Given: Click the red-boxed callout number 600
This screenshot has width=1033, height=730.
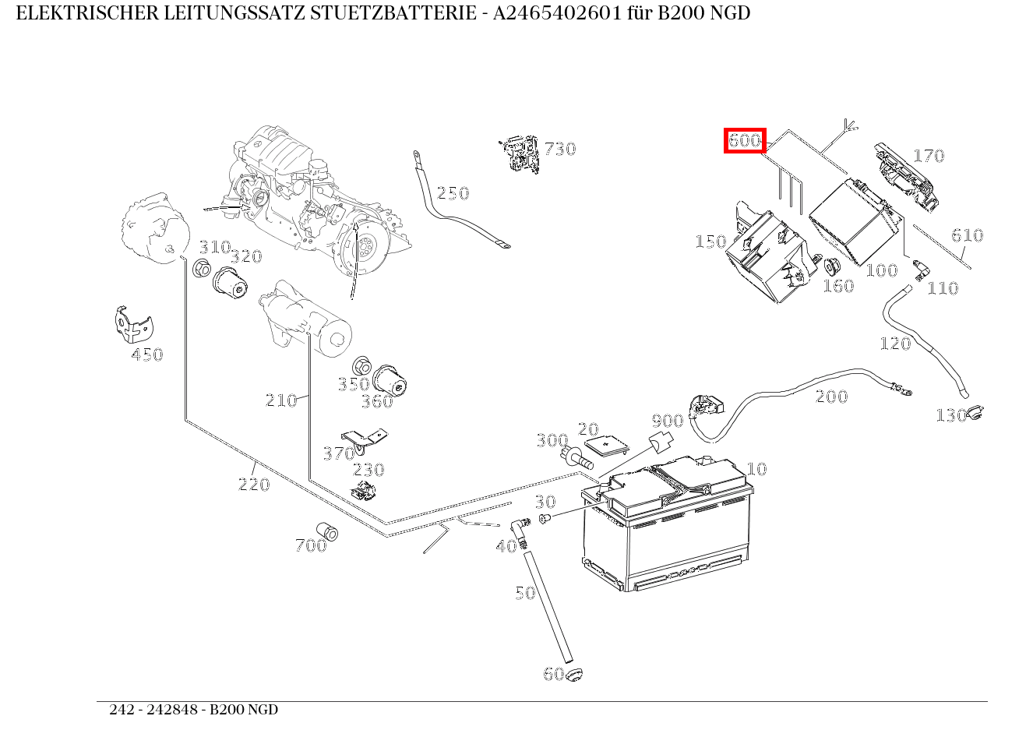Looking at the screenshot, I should point(745,141).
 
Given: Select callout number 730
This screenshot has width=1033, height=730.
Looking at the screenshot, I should point(559,149).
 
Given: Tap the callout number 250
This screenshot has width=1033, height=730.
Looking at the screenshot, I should point(453,193).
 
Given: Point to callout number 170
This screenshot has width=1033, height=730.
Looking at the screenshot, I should point(928,156).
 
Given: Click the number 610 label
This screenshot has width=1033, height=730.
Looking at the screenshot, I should point(967,235).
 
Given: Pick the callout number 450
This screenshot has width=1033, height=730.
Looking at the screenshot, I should point(147,354).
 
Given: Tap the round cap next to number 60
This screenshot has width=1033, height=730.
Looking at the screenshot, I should point(575,675).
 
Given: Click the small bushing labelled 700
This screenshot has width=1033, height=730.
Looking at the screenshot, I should point(327,532).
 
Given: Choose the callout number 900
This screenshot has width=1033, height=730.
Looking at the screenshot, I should point(667,421).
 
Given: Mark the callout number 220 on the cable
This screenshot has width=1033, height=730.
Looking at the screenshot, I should point(254,484).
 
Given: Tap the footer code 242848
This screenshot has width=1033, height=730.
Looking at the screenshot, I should point(177,710).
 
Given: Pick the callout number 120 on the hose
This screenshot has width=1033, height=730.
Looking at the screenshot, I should point(894,344).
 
